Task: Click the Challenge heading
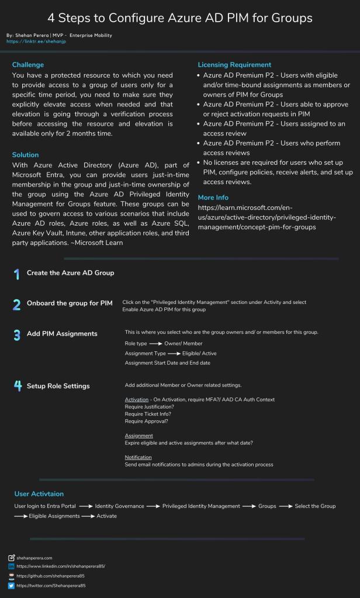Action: point(28,65)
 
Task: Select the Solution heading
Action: point(26,155)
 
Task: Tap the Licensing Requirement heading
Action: point(234,65)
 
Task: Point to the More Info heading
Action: point(213,198)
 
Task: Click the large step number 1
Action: point(16,274)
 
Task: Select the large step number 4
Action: point(17,386)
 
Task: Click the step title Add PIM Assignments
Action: point(62,334)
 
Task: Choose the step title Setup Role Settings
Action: point(58,386)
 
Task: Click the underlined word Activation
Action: point(137,399)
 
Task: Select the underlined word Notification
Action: point(139,457)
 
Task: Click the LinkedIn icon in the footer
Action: point(12,566)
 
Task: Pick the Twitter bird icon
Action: point(12,585)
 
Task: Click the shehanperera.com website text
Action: point(34,558)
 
